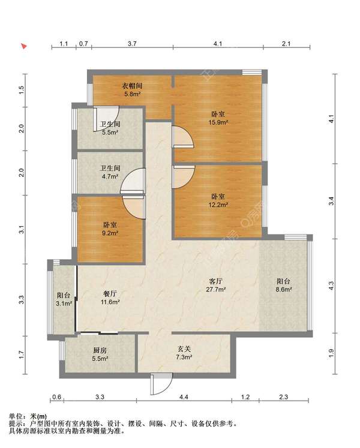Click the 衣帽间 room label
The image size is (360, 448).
132,85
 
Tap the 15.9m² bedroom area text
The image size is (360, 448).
218,122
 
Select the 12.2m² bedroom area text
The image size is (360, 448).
218,205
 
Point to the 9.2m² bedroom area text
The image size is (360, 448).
110,233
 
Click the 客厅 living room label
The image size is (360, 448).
216,281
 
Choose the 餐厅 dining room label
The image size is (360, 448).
110,293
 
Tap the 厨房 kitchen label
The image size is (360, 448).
100,350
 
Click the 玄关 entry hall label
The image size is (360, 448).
184,349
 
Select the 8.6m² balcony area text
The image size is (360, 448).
283,290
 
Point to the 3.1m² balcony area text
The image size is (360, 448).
64,303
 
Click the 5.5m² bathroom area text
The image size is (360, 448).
110,133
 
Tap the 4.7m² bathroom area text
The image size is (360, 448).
110,176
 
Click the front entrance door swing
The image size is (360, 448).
161,384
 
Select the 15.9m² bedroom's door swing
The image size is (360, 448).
183,138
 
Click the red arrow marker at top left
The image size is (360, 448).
25,46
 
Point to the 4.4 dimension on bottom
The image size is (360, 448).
184,397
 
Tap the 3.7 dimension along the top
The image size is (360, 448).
132,44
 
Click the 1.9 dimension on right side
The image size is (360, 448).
331,353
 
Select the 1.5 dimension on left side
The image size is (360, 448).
22,91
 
